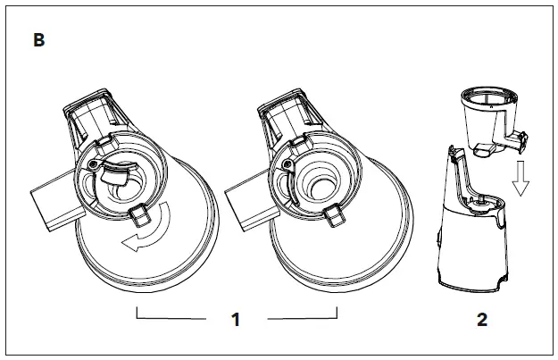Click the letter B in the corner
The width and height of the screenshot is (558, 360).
[39, 41]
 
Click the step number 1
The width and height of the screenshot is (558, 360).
[236, 320]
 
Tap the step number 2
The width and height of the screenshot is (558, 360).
[482, 320]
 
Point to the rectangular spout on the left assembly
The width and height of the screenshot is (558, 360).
[54, 204]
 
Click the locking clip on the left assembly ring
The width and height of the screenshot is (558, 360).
[138, 214]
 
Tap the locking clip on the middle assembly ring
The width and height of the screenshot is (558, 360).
[333, 214]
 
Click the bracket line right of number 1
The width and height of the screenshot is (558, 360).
[304, 316]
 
